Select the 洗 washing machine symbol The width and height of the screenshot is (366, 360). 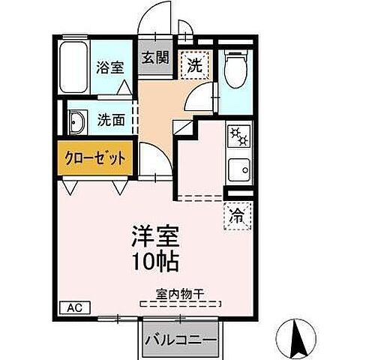(195, 64)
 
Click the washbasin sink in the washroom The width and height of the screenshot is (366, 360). (76, 120)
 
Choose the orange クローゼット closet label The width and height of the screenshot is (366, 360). (94, 160)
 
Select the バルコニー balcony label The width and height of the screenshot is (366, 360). (181, 340)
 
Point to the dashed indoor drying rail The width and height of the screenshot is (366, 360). (180, 303)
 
